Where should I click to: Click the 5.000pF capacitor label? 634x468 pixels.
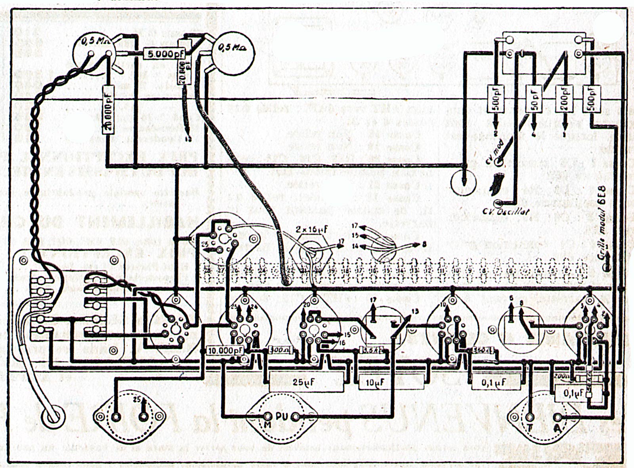click(164, 54)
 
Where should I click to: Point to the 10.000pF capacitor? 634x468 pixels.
click(225, 351)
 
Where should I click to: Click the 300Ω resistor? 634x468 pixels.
click(280, 350)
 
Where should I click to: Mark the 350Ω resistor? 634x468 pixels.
click(482, 350)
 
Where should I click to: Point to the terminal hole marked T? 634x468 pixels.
click(530, 418)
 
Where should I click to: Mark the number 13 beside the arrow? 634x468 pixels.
click(414, 311)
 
